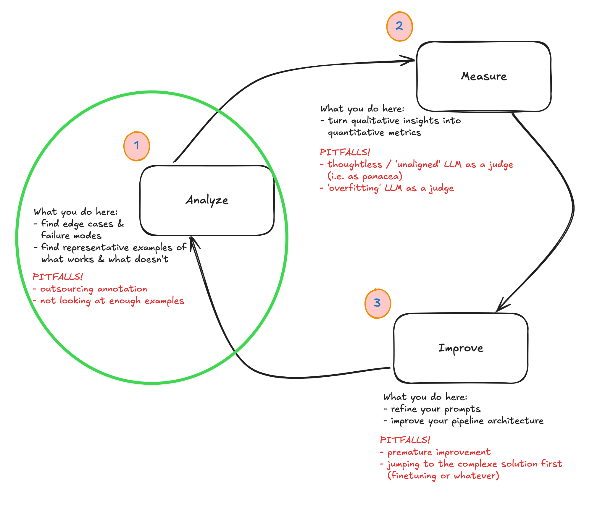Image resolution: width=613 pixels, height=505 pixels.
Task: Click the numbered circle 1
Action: point(137,146)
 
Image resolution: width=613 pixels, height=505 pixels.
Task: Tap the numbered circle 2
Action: point(399,26)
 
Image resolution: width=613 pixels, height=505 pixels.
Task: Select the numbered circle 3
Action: point(378,303)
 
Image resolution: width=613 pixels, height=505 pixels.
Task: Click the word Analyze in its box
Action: point(207,200)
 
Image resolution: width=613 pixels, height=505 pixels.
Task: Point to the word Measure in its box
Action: point(484,77)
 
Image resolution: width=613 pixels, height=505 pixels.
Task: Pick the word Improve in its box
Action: point(461,348)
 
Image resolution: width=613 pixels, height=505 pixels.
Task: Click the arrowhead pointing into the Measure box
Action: point(410,61)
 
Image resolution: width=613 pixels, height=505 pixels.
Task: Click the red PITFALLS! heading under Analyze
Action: point(58,277)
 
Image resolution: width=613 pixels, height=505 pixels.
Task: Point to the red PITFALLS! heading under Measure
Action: point(345,152)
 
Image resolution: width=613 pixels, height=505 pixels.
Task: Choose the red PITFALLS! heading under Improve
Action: point(405,440)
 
